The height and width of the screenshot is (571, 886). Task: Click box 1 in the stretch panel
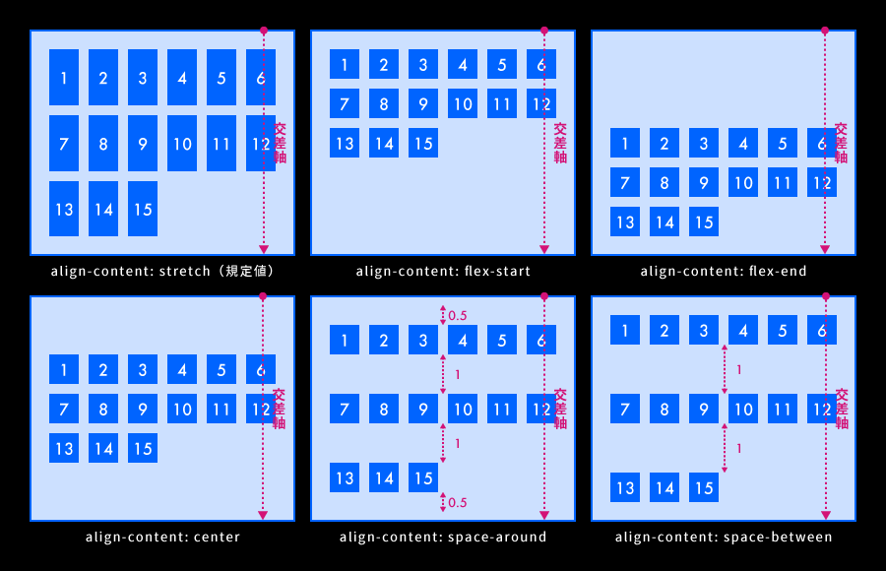[x=64, y=77]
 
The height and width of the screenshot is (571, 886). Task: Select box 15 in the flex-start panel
[x=423, y=144]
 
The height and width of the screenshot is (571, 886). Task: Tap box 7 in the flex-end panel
[x=625, y=182]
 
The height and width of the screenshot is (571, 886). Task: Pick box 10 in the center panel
[x=182, y=409]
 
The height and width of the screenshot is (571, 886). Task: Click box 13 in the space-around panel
[x=345, y=477]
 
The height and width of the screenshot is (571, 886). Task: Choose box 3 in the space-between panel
[x=704, y=330]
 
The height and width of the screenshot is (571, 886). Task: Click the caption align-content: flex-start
[x=443, y=271]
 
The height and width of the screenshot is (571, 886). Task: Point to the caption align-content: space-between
[x=724, y=537]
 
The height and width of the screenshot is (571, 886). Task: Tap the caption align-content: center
[x=162, y=537]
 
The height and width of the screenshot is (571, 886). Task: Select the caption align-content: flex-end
[x=724, y=271]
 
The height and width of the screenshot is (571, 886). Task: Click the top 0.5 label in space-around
[x=458, y=315]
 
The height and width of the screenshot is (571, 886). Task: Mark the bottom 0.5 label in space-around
[x=458, y=502]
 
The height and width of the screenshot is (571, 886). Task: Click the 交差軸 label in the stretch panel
[x=281, y=143]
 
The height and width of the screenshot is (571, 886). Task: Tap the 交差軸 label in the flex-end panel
[x=841, y=143]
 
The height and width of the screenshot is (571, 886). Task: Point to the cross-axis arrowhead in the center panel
[x=263, y=514]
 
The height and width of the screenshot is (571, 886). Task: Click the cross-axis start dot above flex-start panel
[x=543, y=31]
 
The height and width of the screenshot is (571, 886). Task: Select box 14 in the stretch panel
[x=103, y=209]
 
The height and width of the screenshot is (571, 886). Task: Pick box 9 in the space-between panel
[x=704, y=409]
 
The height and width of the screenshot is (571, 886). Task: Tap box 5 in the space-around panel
[x=502, y=340]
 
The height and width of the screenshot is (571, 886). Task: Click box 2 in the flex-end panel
[x=664, y=144]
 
